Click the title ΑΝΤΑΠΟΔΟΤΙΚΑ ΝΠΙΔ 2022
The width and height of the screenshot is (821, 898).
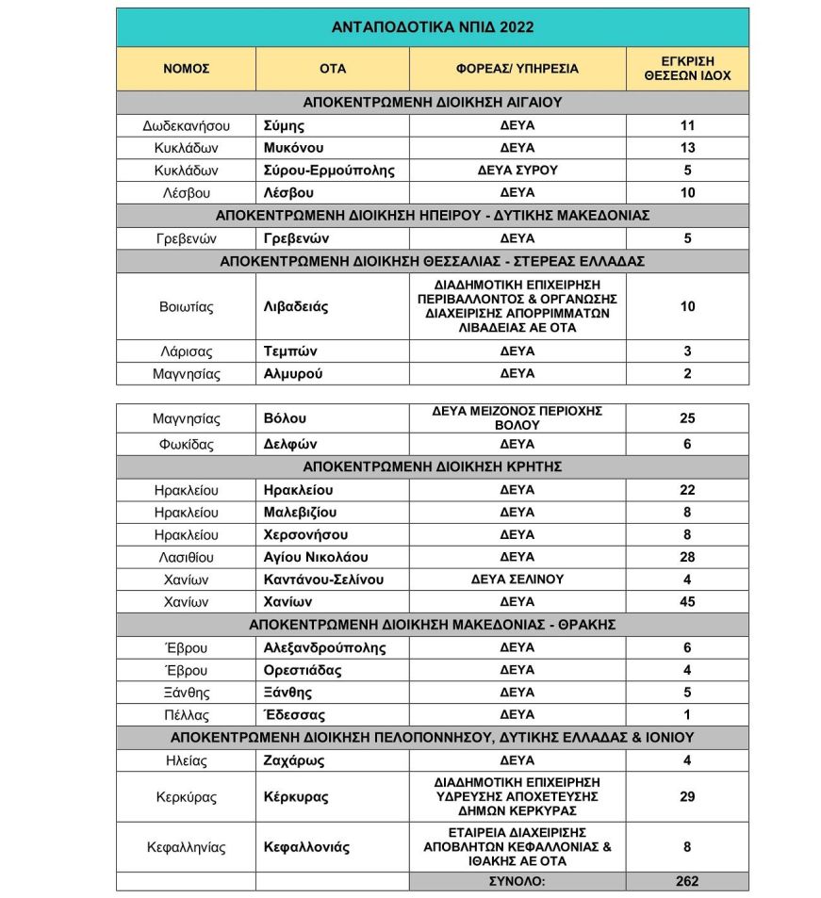(x=433, y=27)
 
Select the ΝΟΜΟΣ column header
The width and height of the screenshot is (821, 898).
(x=186, y=69)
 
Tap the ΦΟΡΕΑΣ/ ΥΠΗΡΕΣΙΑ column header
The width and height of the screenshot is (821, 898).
(x=517, y=69)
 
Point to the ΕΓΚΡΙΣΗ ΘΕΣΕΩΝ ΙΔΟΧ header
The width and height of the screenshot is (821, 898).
(x=687, y=69)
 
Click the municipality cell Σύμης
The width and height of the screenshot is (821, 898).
(x=284, y=125)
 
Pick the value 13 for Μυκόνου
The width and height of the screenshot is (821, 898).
(x=687, y=148)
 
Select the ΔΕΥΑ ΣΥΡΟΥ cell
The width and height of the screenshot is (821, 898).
(x=517, y=171)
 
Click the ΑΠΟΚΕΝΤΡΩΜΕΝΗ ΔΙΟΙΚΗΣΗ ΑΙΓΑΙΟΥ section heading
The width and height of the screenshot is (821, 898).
(x=433, y=103)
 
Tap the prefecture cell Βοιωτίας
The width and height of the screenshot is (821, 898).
(x=186, y=307)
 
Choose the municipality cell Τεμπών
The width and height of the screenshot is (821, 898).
(x=289, y=351)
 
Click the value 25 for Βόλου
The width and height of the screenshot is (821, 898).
(x=687, y=417)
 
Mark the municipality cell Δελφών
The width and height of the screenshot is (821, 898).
(x=289, y=444)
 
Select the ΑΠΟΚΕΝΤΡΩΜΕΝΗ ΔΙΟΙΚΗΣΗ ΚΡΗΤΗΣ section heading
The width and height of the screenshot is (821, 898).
(x=433, y=466)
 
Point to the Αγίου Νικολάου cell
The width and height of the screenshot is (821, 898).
(x=316, y=557)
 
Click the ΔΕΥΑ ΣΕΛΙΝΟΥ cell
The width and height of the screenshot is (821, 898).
(x=517, y=579)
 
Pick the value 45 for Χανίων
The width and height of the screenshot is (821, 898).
(x=687, y=601)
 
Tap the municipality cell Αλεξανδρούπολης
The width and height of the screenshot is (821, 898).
(x=324, y=647)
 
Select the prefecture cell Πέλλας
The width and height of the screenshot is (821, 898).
(x=186, y=714)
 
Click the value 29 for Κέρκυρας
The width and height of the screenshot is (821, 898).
(x=687, y=797)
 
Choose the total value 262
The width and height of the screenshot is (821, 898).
(x=687, y=881)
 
